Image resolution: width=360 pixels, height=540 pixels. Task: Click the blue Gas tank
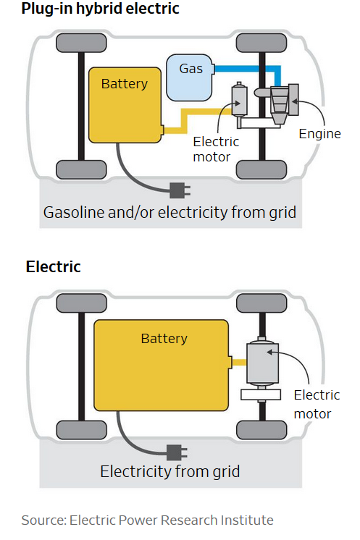pyautogui.click(x=189, y=77)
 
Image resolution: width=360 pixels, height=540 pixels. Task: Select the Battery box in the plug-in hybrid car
pyautogui.click(x=125, y=105)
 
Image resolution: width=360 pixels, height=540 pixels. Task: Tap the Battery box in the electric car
pyautogui.click(x=162, y=366)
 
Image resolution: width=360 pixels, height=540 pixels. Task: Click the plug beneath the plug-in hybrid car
pyautogui.click(x=180, y=190)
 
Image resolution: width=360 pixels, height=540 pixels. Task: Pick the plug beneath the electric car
pyautogui.click(x=177, y=452)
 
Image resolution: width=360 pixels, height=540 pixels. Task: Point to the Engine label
pyautogui.click(x=319, y=134)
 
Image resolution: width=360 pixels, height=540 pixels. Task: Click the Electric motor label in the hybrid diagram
pyautogui.click(x=216, y=149)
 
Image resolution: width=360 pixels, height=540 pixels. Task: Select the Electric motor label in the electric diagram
pyautogui.click(x=317, y=405)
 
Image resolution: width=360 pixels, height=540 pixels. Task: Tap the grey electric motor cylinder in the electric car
pyautogui.click(x=262, y=363)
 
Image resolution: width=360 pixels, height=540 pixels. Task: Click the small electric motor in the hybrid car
pyautogui.click(x=240, y=101)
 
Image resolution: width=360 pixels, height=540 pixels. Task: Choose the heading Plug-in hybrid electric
pyautogui.click(x=100, y=8)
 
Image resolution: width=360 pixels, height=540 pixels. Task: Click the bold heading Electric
pyautogui.click(x=54, y=266)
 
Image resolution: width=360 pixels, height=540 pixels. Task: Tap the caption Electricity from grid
pyautogui.click(x=169, y=471)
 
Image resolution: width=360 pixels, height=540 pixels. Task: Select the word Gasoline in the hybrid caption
pyautogui.click(x=74, y=212)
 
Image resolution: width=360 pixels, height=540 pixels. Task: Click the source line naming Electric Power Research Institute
pyautogui.click(x=148, y=520)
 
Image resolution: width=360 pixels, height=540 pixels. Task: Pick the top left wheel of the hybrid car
pyautogui.click(x=81, y=43)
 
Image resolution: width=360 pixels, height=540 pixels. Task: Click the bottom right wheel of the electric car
pyautogui.click(x=261, y=430)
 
